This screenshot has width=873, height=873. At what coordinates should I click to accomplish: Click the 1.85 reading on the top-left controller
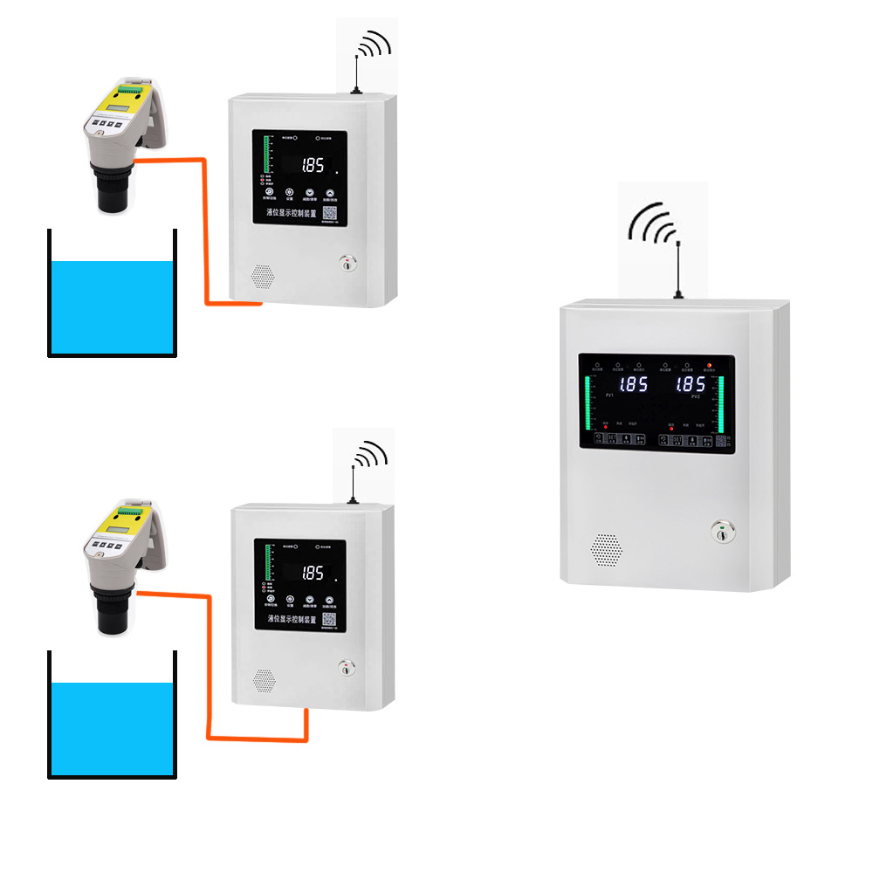(x=313, y=166)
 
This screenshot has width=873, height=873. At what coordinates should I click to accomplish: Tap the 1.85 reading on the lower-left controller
(x=313, y=574)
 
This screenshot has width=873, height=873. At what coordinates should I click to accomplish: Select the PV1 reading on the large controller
(x=633, y=384)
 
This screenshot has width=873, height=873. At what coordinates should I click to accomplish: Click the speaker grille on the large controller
(x=606, y=549)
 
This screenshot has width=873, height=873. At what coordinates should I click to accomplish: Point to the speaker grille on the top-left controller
(x=263, y=276)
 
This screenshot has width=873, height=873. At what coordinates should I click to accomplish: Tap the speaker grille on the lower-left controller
(x=264, y=679)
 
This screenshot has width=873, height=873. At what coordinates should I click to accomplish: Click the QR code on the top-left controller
(x=331, y=213)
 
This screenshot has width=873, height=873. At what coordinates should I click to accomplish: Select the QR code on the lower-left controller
(x=330, y=619)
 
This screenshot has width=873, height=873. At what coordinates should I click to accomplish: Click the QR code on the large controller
(x=721, y=442)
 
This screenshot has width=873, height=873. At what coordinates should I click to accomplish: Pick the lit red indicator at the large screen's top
(x=710, y=364)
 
